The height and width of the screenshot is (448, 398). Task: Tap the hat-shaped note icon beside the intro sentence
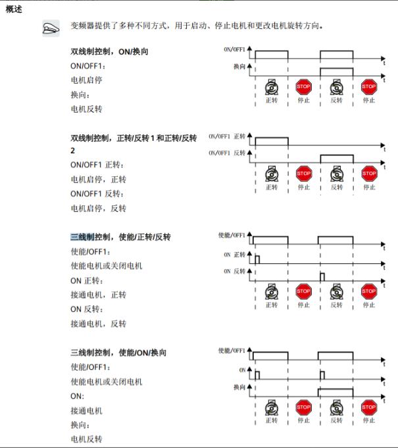(51, 27)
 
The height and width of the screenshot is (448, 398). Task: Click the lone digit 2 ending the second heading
(73, 151)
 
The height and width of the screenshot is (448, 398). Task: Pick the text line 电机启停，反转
(98, 209)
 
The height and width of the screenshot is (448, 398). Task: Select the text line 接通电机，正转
(98, 295)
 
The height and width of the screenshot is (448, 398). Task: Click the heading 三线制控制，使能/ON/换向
(118, 353)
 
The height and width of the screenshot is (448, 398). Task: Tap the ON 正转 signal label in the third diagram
(234, 254)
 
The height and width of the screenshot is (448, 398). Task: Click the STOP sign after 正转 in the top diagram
(303, 86)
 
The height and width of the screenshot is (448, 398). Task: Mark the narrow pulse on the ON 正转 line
(257, 259)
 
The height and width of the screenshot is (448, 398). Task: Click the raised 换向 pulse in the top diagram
(336, 70)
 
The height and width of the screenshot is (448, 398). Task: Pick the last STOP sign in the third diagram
(368, 291)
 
